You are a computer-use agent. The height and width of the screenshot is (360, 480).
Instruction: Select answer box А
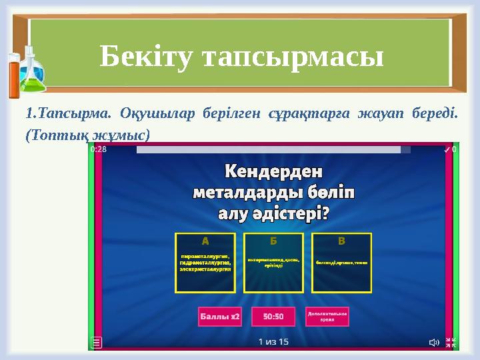click(205, 263)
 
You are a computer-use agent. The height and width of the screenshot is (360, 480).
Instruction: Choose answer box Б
click(273, 263)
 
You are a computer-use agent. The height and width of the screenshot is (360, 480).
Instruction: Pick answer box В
click(341, 263)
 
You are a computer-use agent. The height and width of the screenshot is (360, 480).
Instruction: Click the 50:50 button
click(273, 316)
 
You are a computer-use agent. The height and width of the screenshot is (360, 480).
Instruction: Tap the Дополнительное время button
click(327, 316)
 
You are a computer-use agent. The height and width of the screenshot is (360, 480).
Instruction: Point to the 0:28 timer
click(99, 150)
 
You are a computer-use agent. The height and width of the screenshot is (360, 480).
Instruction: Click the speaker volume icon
click(433, 343)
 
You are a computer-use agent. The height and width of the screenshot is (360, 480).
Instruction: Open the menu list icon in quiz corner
click(97, 342)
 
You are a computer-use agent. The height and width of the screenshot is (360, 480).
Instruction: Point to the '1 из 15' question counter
click(273, 342)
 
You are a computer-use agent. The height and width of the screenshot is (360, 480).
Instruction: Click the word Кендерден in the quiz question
click(273, 172)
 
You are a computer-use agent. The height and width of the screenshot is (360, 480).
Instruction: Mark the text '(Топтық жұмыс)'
click(87, 134)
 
